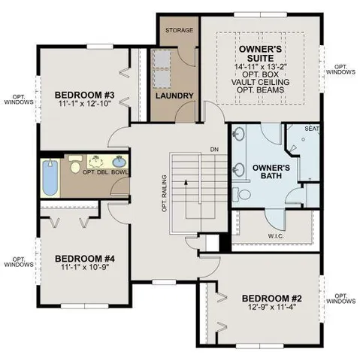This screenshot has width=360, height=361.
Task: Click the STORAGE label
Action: tap(179, 31)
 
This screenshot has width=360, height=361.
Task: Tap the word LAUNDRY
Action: tap(176, 96)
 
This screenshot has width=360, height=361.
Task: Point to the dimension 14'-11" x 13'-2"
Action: tap(260, 67)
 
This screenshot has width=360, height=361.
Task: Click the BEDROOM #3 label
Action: tap(83, 96)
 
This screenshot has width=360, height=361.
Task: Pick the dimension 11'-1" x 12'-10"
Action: tap(83, 105)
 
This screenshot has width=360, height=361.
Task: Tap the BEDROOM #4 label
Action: tap(83, 258)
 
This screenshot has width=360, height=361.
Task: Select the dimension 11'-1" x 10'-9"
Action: tap(83, 268)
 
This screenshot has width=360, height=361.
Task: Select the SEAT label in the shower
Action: tap(312, 129)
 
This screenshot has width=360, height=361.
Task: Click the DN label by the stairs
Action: tap(214, 148)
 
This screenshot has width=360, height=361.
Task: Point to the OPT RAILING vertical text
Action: tap(163, 194)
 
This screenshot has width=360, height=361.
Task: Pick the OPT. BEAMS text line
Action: tap(260, 90)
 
